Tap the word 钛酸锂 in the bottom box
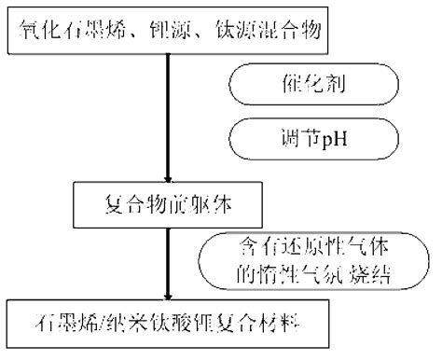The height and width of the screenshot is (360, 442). click(x=177, y=329)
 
